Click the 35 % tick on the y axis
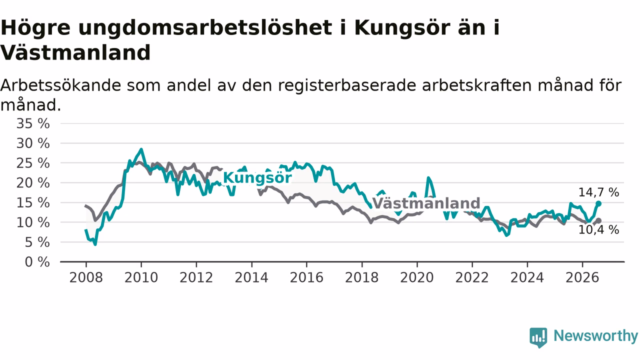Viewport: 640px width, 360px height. [33, 123]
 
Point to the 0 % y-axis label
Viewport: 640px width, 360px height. [37, 262]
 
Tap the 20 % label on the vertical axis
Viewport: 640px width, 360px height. [33, 183]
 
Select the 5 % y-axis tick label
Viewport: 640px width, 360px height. [37, 242]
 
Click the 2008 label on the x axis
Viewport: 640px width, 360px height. [86, 277]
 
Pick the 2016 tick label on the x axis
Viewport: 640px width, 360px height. [306, 277]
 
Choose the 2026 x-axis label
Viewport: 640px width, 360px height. [582, 277]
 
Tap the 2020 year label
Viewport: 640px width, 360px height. [417, 277]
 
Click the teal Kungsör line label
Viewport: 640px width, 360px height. [257, 178]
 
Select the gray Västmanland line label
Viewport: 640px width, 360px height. [426, 203]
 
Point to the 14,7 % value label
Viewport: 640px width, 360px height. [598, 192]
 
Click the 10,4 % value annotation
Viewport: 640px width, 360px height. [598, 229]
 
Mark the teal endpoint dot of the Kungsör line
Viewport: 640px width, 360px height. [598, 203]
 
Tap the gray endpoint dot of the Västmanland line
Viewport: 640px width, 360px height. [598, 220]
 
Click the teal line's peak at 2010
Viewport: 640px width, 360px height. [141, 149]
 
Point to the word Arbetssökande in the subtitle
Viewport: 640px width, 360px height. [60, 85]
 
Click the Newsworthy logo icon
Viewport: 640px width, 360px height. [538, 337]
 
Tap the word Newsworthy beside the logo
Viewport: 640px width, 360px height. [596, 335]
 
